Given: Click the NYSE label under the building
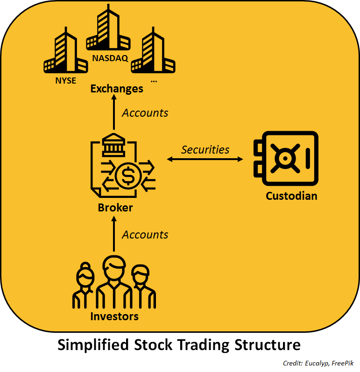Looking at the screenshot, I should [65, 79].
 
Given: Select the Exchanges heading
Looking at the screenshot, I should [117, 88].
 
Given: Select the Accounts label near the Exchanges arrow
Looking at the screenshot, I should [145, 113].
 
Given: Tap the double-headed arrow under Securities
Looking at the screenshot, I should [205, 160].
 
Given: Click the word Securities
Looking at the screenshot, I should [205, 149].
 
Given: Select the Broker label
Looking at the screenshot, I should [115, 208].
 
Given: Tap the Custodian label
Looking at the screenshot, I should [291, 196].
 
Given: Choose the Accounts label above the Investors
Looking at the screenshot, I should [145, 235].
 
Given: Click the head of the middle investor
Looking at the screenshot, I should [113, 267].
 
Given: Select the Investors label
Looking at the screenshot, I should [114, 316].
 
